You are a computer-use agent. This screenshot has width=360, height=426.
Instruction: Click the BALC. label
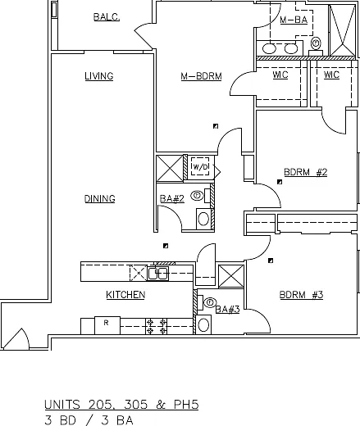coord(107,17)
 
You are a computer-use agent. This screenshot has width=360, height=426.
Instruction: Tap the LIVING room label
coord(99,76)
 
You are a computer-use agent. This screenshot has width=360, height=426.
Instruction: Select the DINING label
coord(99,198)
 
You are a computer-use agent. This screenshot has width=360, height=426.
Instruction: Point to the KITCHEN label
coord(125,295)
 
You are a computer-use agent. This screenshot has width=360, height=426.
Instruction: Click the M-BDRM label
coord(202,76)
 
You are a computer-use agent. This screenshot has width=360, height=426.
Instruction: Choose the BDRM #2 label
coord(306,172)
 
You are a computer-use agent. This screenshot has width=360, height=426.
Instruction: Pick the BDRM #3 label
coord(301,295)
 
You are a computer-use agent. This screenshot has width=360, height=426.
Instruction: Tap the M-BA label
coord(294,20)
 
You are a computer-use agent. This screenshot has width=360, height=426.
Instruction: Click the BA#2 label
coord(172,199)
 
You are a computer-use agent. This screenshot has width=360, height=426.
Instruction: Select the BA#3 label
coord(227,310)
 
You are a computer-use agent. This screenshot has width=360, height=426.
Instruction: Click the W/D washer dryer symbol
coord(200,166)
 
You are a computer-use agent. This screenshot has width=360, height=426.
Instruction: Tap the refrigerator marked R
coord(107,325)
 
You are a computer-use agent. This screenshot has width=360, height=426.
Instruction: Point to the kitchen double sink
coord(158,274)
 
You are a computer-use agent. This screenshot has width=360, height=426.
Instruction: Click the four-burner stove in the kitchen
coord(156,326)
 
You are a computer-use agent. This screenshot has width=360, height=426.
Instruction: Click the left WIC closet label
coord(280,75)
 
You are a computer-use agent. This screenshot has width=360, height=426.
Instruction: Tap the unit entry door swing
coord(17,338)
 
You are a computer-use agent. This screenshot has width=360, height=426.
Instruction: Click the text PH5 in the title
coord(186,405)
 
